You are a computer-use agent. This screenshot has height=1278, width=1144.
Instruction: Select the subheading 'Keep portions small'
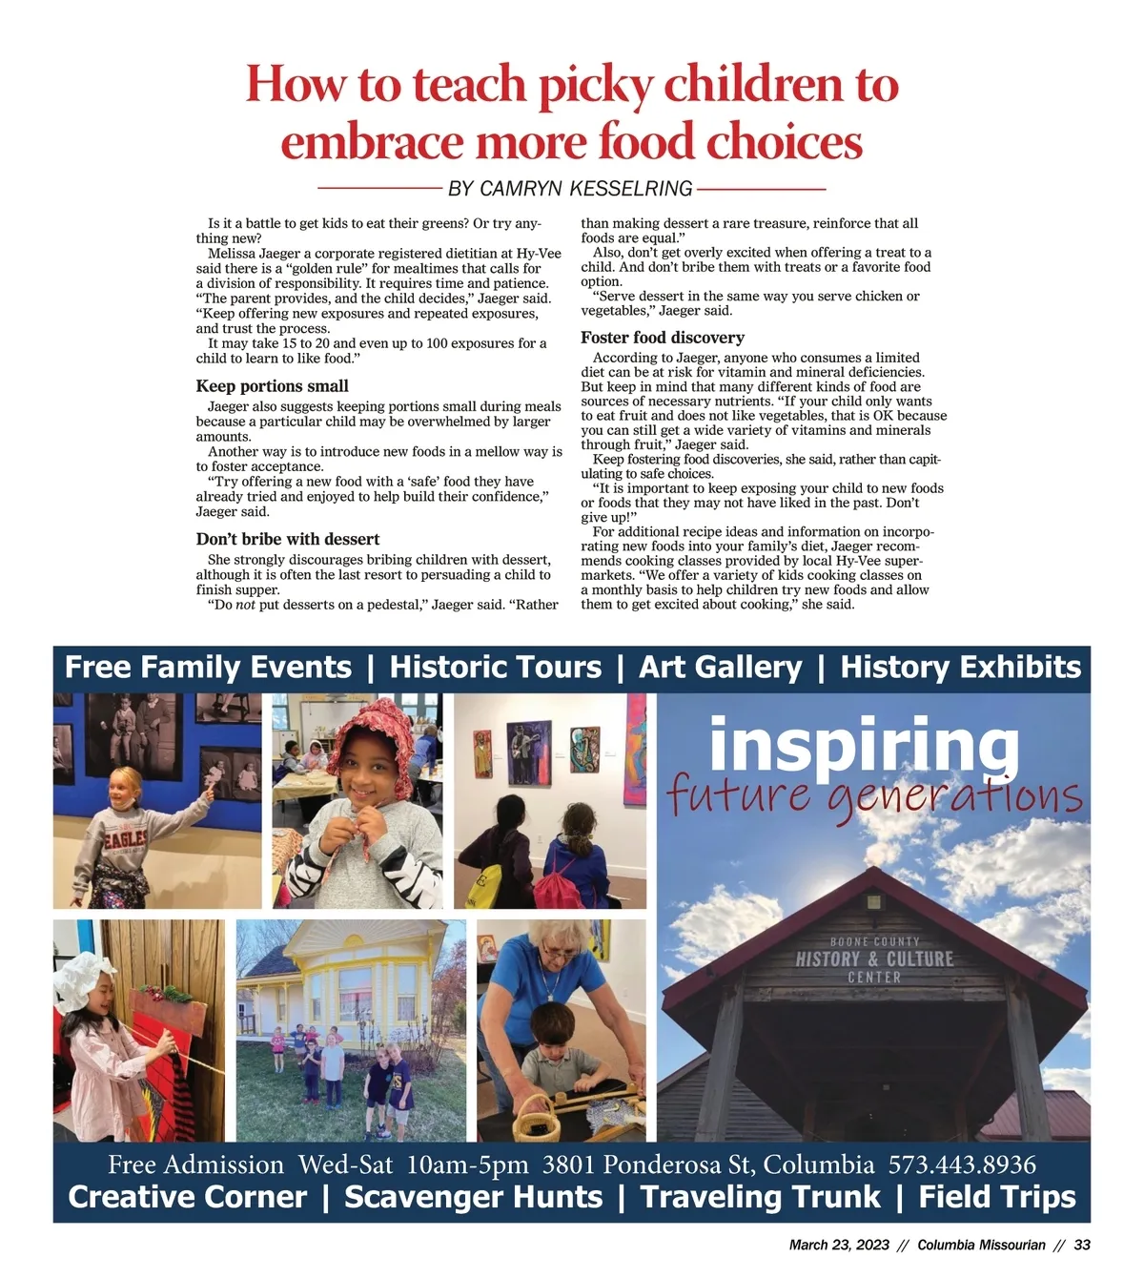(x=272, y=386)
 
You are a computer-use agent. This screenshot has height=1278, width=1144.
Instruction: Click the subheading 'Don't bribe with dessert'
(x=288, y=540)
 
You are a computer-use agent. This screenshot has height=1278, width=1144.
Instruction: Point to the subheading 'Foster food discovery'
(x=663, y=338)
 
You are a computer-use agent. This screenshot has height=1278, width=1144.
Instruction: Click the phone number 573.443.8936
(x=962, y=1165)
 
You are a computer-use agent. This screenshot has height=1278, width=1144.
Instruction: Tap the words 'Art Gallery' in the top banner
(x=721, y=668)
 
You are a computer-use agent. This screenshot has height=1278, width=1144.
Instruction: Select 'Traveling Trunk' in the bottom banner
(x=760, y=1197)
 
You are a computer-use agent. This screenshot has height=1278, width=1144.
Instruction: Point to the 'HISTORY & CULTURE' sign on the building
(x=874, y=959)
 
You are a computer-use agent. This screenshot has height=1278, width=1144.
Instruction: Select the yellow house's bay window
(x=355, y=1001)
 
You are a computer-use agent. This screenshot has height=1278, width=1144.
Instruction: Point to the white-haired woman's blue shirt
(x=553, y=978)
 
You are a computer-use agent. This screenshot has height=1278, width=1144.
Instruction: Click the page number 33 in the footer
(x=1082, y=1246)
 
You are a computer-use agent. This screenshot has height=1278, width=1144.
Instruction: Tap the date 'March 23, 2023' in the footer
(x=839, y=1246)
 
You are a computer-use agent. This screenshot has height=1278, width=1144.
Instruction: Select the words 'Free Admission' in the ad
(x=195, y=1165)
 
